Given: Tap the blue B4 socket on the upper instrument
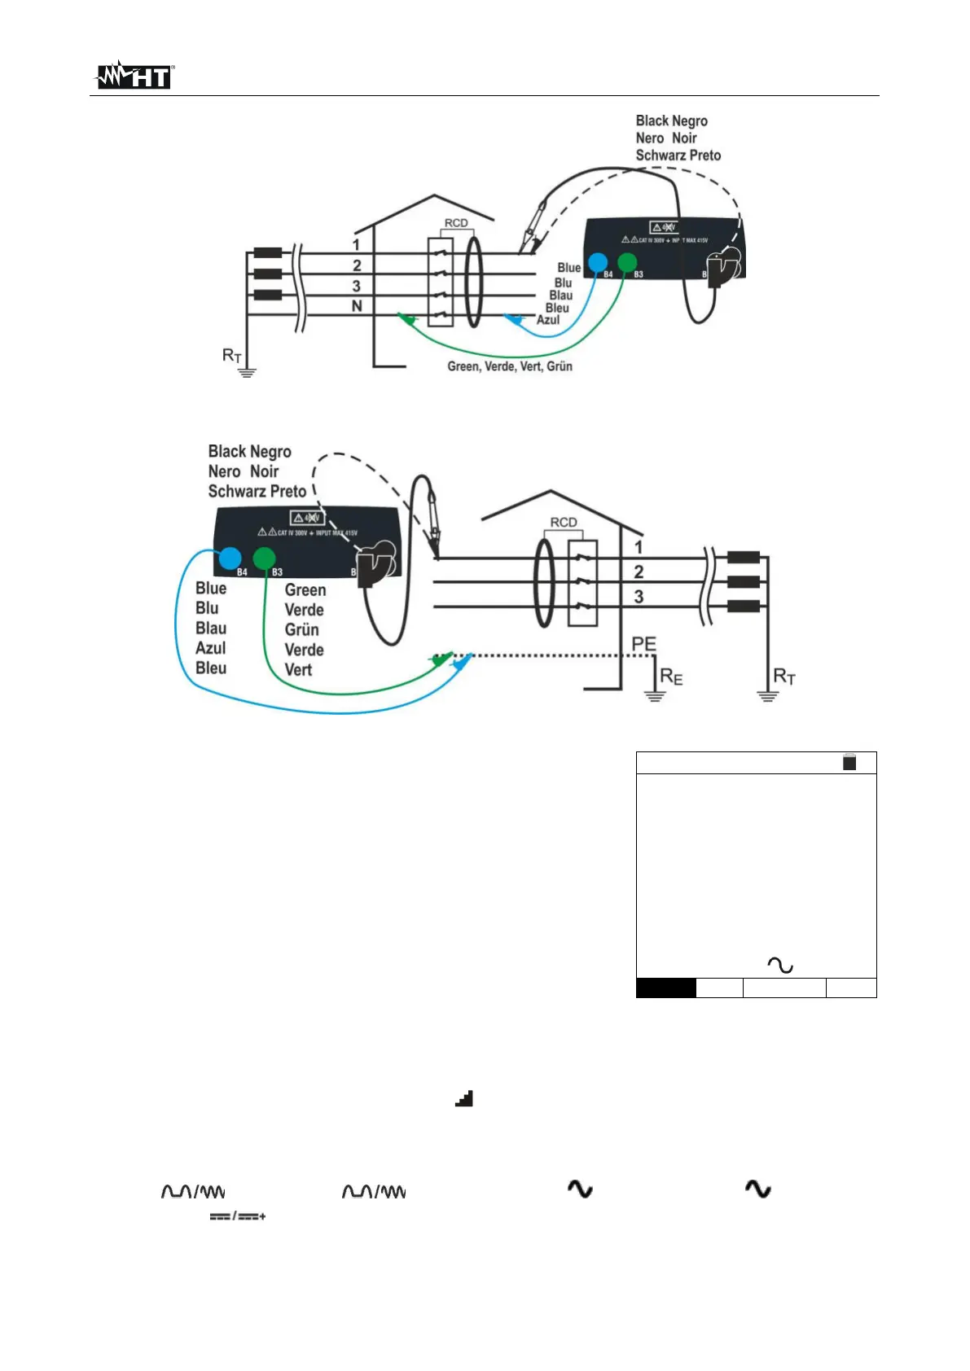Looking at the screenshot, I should coord(598,262).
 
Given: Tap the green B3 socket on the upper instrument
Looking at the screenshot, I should coord(626,262).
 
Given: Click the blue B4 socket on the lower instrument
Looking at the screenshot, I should coord(230,558).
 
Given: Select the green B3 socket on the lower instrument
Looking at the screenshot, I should coord(264,558).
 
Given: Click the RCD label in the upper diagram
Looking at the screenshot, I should coord(456,223).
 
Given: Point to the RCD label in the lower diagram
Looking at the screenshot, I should coord(564,522).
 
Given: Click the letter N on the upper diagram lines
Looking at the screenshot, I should coord(357,306).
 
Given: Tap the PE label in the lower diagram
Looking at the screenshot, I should coord(643,644).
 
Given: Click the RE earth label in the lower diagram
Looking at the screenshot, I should coord(671,677).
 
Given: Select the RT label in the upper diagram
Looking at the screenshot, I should coord(232,356).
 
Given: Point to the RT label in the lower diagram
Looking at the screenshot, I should coord(784,677).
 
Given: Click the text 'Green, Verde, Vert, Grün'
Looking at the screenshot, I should coord(510,367).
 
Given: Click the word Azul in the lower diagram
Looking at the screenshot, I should coord(211,648).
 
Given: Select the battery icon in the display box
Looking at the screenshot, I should coord(849,763).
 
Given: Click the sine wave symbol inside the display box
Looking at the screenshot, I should coord(780,966).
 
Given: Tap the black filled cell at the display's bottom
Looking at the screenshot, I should coord(665,988).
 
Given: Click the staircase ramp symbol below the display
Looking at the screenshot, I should coord(463,1099).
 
